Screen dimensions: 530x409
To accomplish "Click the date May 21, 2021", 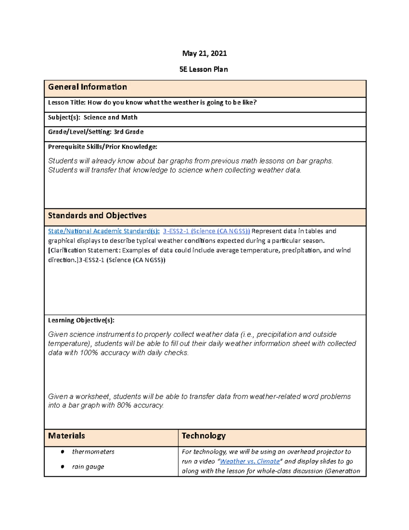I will pos(204,53).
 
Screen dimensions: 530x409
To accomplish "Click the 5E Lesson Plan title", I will pos(203,69).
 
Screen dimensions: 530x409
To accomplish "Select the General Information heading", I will pos(87,87).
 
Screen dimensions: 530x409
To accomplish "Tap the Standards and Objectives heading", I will pos(97,216).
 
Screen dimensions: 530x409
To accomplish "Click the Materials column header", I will pos(66,436).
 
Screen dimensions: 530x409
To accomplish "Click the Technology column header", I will pos(203,436).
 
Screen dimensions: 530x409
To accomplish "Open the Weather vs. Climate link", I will pos(250,461).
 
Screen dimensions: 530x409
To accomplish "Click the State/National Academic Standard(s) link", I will pos(104,231).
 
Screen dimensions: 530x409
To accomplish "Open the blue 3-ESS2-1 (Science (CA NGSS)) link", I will pos(206,231).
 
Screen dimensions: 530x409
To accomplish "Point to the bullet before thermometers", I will pos(62,452).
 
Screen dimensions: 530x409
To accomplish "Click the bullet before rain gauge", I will pos(62,467).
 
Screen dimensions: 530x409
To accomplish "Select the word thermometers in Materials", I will pos(93,452).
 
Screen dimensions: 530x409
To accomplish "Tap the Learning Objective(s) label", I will pos(81,320).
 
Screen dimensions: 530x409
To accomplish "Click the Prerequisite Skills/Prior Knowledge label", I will pos(103,147).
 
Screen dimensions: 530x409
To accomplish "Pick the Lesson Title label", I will pos(67,102).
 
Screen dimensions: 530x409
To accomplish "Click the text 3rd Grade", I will pos(128,132).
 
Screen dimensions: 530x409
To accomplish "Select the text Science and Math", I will pos(110,117).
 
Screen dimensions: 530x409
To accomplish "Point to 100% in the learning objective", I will pos(89,353).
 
